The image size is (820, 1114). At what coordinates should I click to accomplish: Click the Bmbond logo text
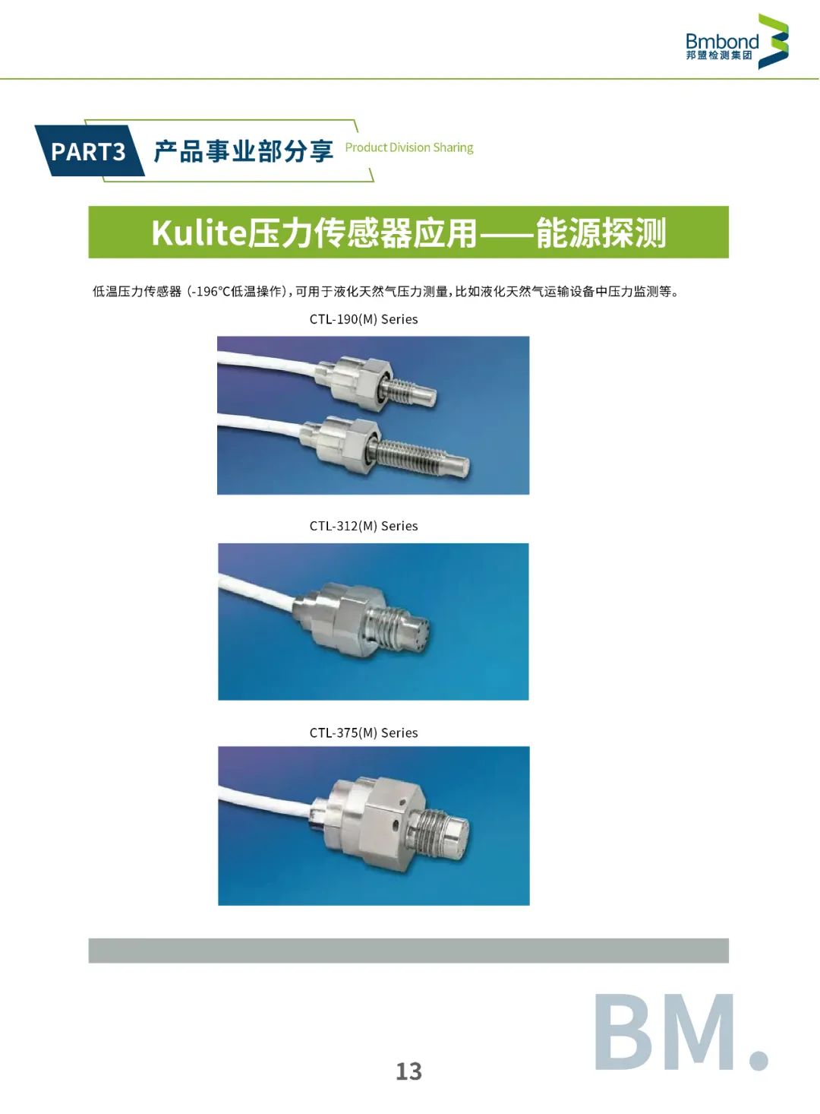tap(722, 41)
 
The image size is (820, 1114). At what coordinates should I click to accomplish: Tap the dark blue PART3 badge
tap(90, 150)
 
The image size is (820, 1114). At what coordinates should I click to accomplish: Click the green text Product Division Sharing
tap(409, 147)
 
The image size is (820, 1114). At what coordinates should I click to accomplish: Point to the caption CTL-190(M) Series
tap(363, 319)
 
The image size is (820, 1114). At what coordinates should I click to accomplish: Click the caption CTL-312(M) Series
tap(363, 526)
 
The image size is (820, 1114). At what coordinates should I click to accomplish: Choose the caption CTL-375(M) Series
tap(363, 733)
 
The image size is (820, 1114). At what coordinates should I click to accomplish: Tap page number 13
tap(408, 1071)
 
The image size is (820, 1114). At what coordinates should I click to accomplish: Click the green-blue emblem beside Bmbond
tap(773, 41)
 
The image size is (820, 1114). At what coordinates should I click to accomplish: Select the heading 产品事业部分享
tap(243, 151)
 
